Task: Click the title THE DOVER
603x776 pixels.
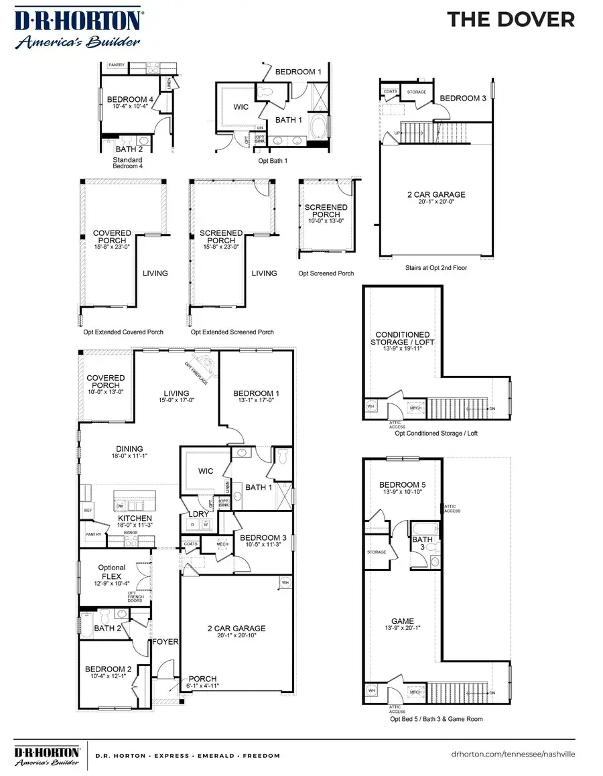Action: tap(511, 19)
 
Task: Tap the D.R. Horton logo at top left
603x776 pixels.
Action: tap(78, 28)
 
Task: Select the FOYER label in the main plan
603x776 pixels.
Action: tap(165, 641)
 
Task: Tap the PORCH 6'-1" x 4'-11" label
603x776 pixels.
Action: tap(202, 682)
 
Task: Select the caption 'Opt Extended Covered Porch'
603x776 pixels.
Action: tap(120, 332)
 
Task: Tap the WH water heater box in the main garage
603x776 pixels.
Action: tap(285, 582)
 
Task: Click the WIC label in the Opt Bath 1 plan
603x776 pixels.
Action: tap(241, 107)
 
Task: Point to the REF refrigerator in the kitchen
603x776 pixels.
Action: tap(87, 510)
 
